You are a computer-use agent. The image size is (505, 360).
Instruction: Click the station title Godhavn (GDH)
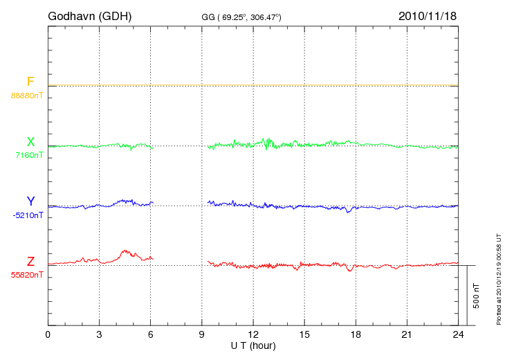[x=90, y=16]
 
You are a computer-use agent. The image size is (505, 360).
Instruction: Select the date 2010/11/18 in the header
[x=428, y=16]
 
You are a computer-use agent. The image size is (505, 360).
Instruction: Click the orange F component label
[x=30, y=82]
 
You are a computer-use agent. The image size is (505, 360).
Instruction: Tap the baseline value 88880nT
[x=27, y=95]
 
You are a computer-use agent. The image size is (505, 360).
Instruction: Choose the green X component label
[x=30, y=142]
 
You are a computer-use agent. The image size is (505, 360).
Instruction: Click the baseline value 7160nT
[x=29, y=155]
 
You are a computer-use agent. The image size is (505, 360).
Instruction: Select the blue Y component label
[x=30, y=201]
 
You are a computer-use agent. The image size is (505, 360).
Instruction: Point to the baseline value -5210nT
[x=28, y=215]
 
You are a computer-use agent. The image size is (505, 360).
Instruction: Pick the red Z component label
[x=30, y=262]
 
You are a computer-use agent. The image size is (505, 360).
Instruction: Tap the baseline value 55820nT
[x=27, y=275]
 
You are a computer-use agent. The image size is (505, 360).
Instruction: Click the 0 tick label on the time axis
[x=48, y=335]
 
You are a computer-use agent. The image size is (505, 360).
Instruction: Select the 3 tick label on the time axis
[x=99, y=335]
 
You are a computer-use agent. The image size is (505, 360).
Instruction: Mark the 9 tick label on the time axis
[x=202, y=335]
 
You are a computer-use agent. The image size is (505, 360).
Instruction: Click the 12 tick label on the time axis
[x=253, y=335]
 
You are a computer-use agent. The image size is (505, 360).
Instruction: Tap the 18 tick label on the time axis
[x=356, y=335]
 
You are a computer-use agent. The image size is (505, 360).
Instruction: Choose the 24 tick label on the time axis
[x=459, y=335]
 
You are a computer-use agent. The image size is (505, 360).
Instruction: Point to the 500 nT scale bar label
[x=477, y=296]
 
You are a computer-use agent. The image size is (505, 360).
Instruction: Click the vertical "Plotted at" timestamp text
[x=499, y=277]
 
